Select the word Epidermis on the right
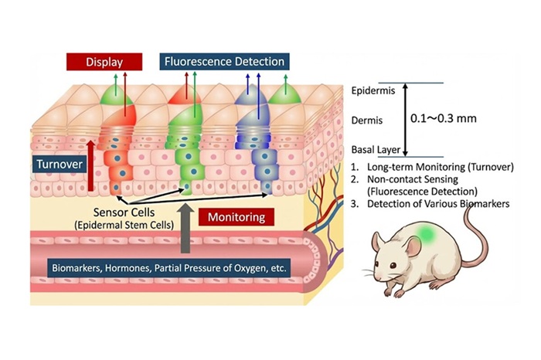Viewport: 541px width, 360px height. click(x=372, y=91)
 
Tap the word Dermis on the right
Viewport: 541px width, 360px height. click(x=366, y=121)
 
